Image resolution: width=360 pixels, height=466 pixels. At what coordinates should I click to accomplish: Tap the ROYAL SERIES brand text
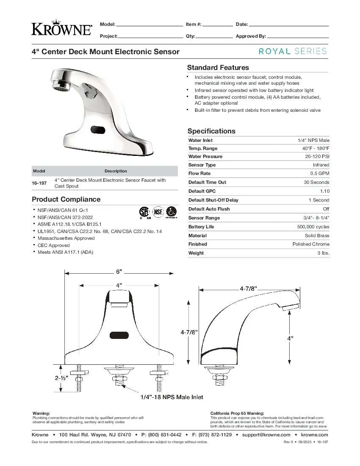click(293, 51)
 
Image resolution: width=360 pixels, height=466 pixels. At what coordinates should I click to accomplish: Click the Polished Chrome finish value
click(310, 244)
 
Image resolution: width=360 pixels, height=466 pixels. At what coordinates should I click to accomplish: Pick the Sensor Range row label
click(204, 218)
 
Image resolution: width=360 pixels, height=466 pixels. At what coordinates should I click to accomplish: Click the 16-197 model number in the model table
click(39, 183)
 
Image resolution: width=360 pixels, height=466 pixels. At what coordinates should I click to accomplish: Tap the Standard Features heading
click(218, 67)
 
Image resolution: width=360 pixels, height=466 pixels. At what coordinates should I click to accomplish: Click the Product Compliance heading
click(66, 199)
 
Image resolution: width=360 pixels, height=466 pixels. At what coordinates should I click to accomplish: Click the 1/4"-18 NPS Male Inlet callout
click(172, 397)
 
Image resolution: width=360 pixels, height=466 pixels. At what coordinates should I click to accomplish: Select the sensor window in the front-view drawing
click(119, 336)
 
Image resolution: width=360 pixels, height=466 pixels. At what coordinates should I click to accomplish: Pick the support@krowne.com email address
click(266, 435)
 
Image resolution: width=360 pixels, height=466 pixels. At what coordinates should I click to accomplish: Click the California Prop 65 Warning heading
click(237, 413)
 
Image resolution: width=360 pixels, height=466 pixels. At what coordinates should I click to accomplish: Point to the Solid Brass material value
click(317, 236)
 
